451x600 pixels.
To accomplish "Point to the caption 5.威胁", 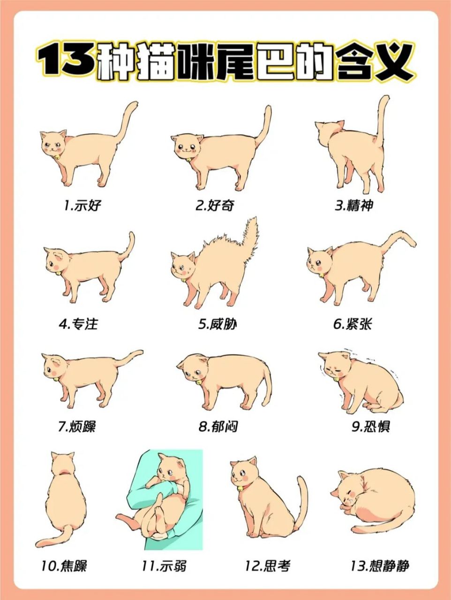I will pyautogui.click(x=217, y=324).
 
